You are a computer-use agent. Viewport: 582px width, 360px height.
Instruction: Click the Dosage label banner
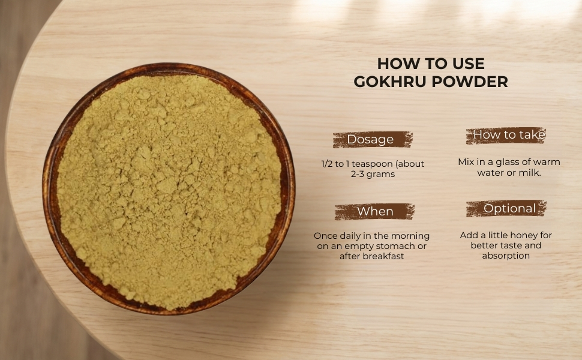click(373, 140)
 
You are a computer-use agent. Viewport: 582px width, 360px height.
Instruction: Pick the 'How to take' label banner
click(506, 135)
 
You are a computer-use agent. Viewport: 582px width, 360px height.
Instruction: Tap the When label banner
click(374, 212)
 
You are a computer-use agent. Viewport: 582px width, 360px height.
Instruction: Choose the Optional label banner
click(506, 209)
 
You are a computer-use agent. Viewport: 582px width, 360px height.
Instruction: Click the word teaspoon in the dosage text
click(372, 164)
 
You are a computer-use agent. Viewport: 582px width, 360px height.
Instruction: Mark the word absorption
click(506, 256)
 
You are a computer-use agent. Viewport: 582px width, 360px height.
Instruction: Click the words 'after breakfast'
click(371, 256)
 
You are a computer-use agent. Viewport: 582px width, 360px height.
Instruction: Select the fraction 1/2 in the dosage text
click(327, 164)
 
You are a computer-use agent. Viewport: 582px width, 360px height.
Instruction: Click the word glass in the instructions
click(507, 162)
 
